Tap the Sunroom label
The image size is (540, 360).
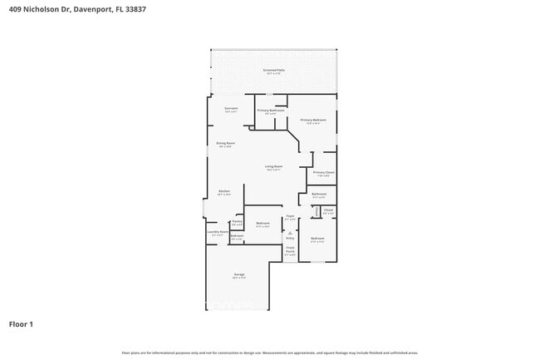[x=231, y=109]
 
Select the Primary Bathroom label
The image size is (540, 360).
[x=271, y=111]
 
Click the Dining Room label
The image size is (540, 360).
[x=226, y=145]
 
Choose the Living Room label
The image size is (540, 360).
[x=274, y=168]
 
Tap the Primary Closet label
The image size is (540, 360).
[x=323, y=173]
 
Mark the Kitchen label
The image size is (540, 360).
[x=224, y=192]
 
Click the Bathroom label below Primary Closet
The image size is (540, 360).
[x=319, y=195]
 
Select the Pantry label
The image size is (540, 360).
[x=237, y=223]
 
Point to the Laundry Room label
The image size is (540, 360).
[x=218, y=234]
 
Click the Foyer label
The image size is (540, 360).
[x=290, y=218]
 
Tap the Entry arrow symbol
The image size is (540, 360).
[x=290, y=233]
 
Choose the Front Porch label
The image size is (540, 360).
[x=290, y=250]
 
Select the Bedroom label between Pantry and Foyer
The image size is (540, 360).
[x=263, y=224]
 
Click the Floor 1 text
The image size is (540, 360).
[x=22, y=323]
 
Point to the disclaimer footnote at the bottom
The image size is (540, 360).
[x=270, y=353]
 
